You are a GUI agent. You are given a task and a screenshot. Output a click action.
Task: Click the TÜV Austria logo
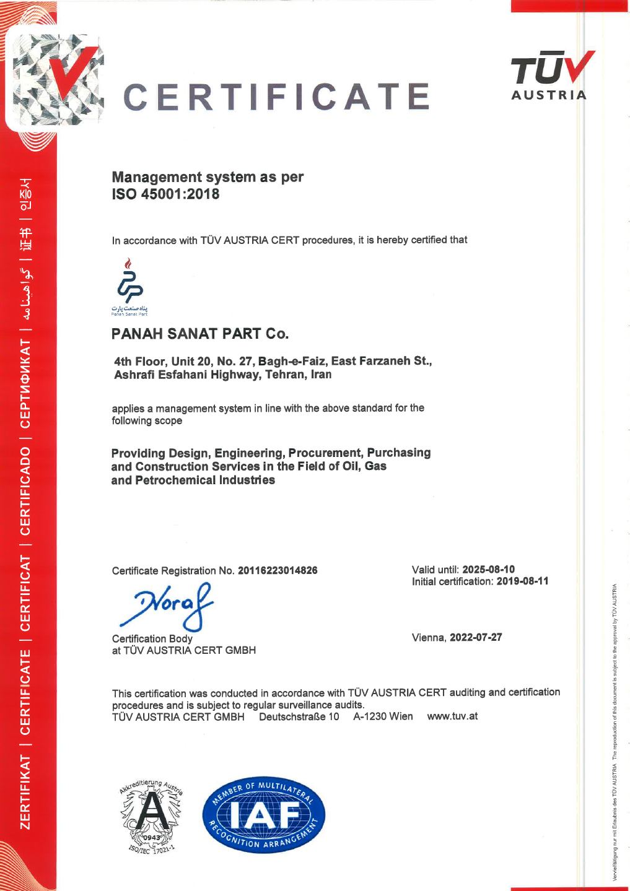coord(549,76)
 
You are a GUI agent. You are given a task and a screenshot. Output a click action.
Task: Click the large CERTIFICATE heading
coord(276,97)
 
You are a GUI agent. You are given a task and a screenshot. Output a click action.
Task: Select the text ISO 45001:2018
coord(165,194)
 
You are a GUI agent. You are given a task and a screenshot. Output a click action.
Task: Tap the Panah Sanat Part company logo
coord(129,287)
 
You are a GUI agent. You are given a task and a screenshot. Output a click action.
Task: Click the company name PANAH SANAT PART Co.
coord(199,334)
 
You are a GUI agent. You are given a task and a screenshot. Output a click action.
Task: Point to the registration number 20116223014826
coord(278,570)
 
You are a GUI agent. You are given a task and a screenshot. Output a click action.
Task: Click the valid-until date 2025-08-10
coord(488,569)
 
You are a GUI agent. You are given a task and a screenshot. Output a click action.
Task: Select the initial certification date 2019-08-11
coord(522,581)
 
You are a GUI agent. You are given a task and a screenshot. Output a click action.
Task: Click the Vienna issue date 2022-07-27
coord(476,637)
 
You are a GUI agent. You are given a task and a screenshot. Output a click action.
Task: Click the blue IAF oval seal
coord(263,815)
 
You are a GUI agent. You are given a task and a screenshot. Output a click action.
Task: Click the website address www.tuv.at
coord(452,716)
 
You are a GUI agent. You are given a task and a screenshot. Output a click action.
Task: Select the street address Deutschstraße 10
coord(299,716)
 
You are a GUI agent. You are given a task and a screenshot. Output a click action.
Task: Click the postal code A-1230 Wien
coord(383,716)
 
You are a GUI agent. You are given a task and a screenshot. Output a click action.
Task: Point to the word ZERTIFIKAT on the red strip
coord(25,792)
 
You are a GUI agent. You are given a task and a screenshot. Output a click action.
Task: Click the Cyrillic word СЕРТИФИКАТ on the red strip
coord(25,383)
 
